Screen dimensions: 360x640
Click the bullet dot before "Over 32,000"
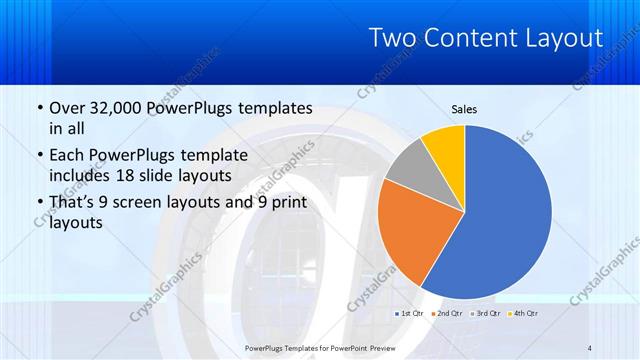tap(39, 107)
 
